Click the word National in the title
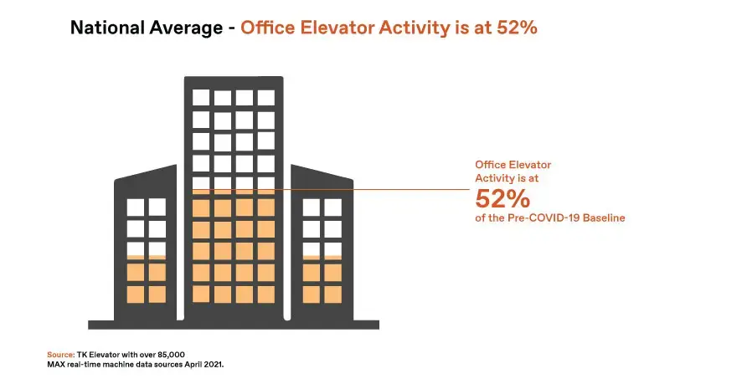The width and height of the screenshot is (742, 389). [x=107, y=28]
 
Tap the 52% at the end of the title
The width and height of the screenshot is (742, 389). [x=517, y=28]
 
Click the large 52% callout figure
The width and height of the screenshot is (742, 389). [x=502, y=198]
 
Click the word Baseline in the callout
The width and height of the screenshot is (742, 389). [x=604, y=218]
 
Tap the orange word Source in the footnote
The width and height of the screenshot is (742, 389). [x=61, y=355]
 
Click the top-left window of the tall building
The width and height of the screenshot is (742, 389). [x=201, y=98]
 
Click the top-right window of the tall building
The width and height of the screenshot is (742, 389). [x=266, y=98]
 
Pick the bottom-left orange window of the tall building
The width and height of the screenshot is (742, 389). [x=201, y=294]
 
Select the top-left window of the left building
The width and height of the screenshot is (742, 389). [x=136, y=207]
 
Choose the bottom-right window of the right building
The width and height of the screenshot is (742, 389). [x=333, y=294]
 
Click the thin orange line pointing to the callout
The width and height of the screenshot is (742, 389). [x=332, y=190]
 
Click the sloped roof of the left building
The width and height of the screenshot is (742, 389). [x=146, y=172]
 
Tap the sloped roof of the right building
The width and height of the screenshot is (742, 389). [x=322, y=172]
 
